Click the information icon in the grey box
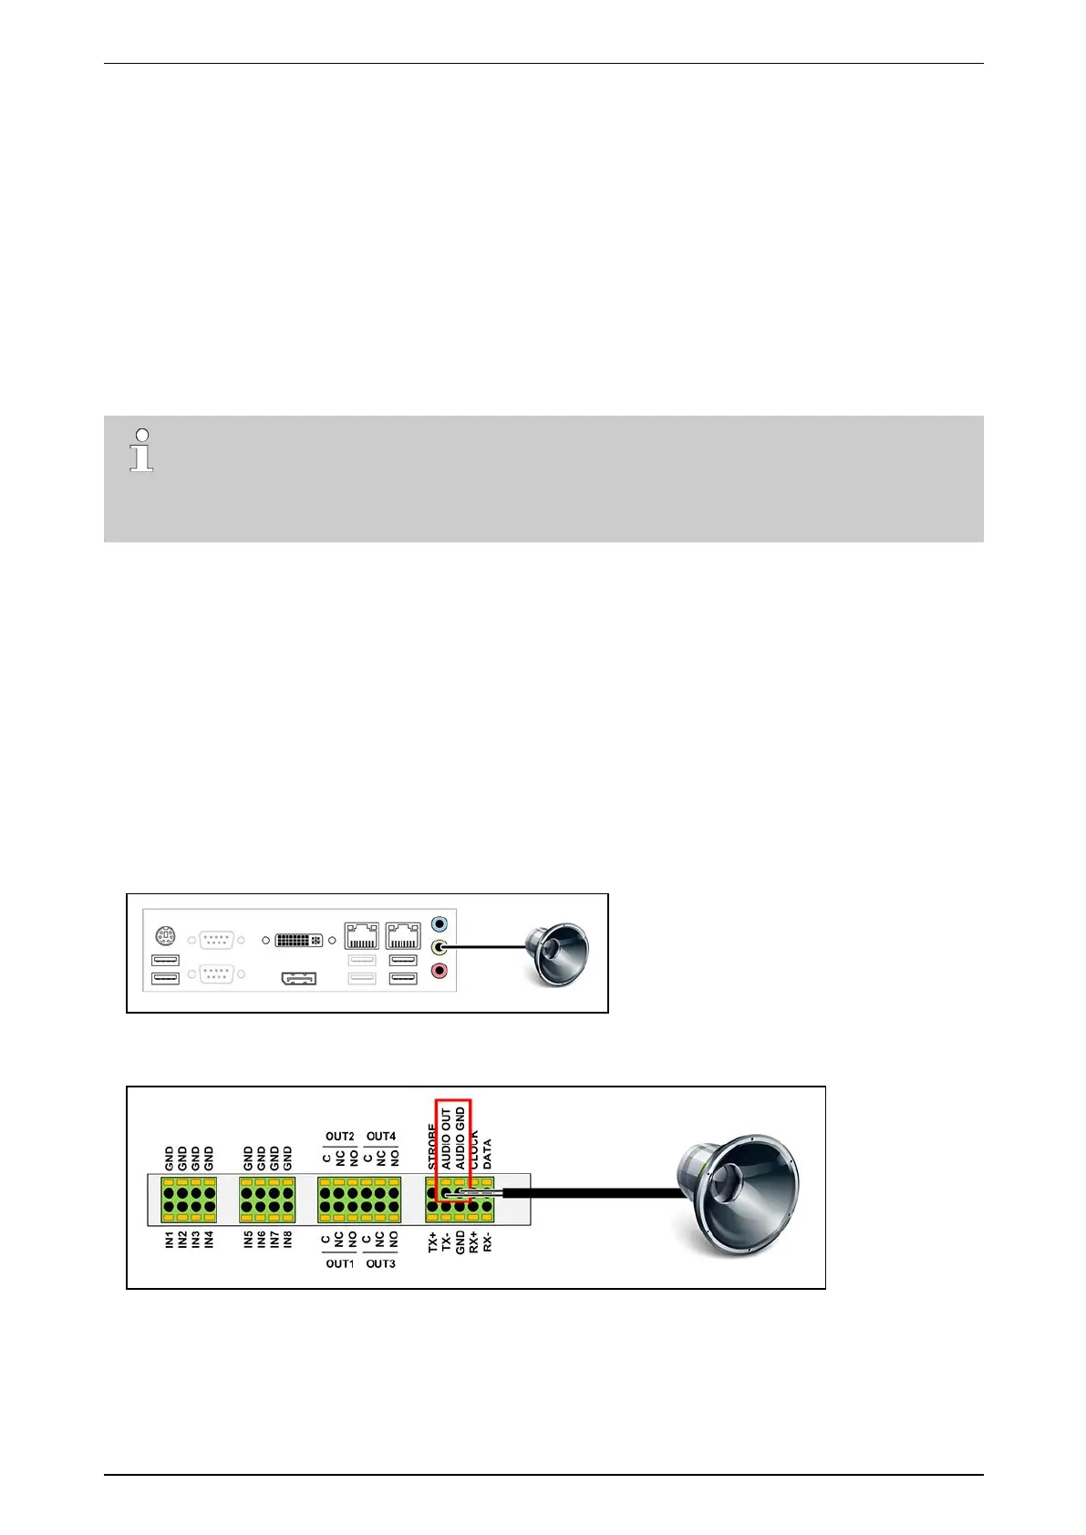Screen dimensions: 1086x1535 click(x=141, y=450)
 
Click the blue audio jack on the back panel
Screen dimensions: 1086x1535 click(x=440, y=923)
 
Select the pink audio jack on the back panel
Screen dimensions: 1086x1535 click(x=440, y=972)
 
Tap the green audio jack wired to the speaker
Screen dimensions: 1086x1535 click(x=440, y=947)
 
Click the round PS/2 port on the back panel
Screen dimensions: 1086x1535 click(x=165, y=935)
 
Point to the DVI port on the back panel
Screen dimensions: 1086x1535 click(x=298, y=939)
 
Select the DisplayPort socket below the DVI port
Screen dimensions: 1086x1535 click(x=298, y=979)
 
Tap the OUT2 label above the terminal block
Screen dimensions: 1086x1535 click(x=339, y=1137)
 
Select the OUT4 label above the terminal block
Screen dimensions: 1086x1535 click(x=381, y=1137)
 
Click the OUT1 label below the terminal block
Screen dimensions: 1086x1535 click(x=339, y=1264)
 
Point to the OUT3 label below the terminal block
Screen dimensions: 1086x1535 click(x=381, y=1264)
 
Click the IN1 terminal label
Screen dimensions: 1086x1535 click(x=170, y=1239)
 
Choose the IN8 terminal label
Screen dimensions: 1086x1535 click(x=288, y=1239)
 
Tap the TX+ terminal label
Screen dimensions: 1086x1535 click(x=433, y=1241)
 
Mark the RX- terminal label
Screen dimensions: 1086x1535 click(x=487, y=1241)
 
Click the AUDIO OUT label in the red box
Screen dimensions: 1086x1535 click(x=447, y=1138)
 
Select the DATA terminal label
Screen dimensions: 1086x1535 click(x=487, y=1154)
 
